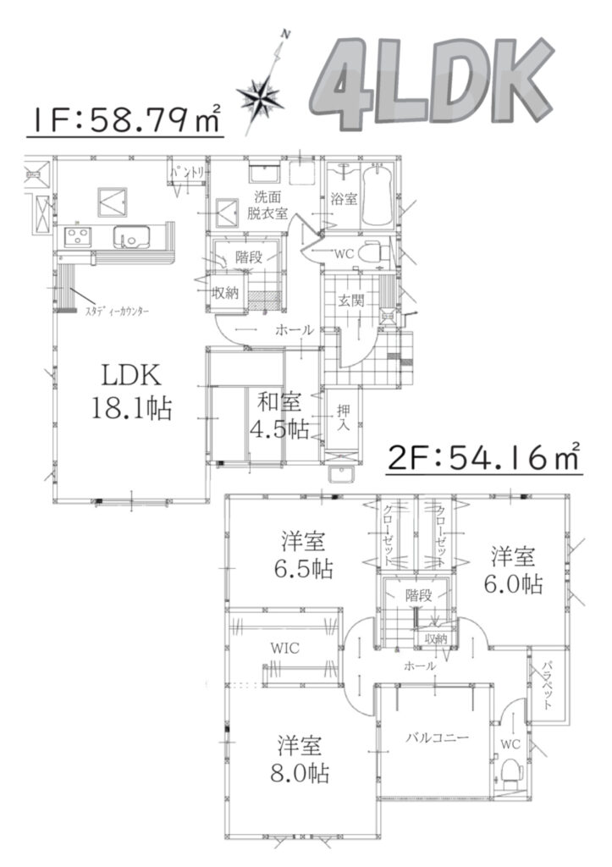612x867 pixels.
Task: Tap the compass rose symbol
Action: [x=264, y=94]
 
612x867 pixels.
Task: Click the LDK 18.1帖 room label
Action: [x=131, y=392]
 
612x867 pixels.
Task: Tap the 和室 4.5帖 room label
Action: [x=279, y=416]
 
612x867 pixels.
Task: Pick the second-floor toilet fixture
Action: [x=511, y=772]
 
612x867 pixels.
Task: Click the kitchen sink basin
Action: [x=131, y=237]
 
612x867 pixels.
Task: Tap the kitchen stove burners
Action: [x=77, y=237]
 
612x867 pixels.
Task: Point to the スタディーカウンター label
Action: [x=117, y=312]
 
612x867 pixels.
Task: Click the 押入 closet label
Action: [x=344, y=417]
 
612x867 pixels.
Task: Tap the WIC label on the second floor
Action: [x=285, y=648]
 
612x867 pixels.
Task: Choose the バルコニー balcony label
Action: [x=438, y=737]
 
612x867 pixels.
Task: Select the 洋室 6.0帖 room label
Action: [x=513, y=570]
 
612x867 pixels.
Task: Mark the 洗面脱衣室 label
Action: [x=267, y=205]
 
